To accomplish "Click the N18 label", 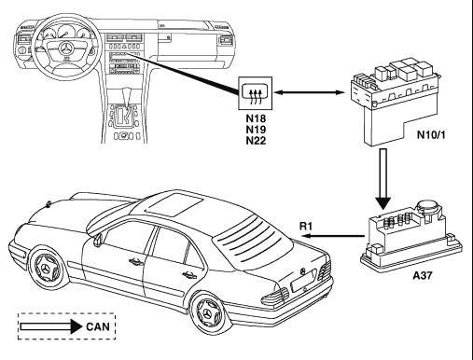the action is (256, 118).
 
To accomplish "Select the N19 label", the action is (256, 130).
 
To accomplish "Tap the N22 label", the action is (256, 141).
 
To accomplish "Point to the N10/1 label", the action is (431, 134).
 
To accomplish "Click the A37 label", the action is (423, 275).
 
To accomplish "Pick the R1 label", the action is (305, 226).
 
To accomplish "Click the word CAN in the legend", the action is (98, 326).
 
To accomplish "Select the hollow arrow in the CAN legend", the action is (51, 326).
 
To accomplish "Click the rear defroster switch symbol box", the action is (256, 93).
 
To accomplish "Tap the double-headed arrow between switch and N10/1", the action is (310, 92).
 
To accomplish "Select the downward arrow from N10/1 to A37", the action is (383, 179).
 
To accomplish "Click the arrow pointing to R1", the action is (333, 236).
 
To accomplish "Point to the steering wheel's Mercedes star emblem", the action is (66, 49).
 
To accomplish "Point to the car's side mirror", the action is (98, 240).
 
